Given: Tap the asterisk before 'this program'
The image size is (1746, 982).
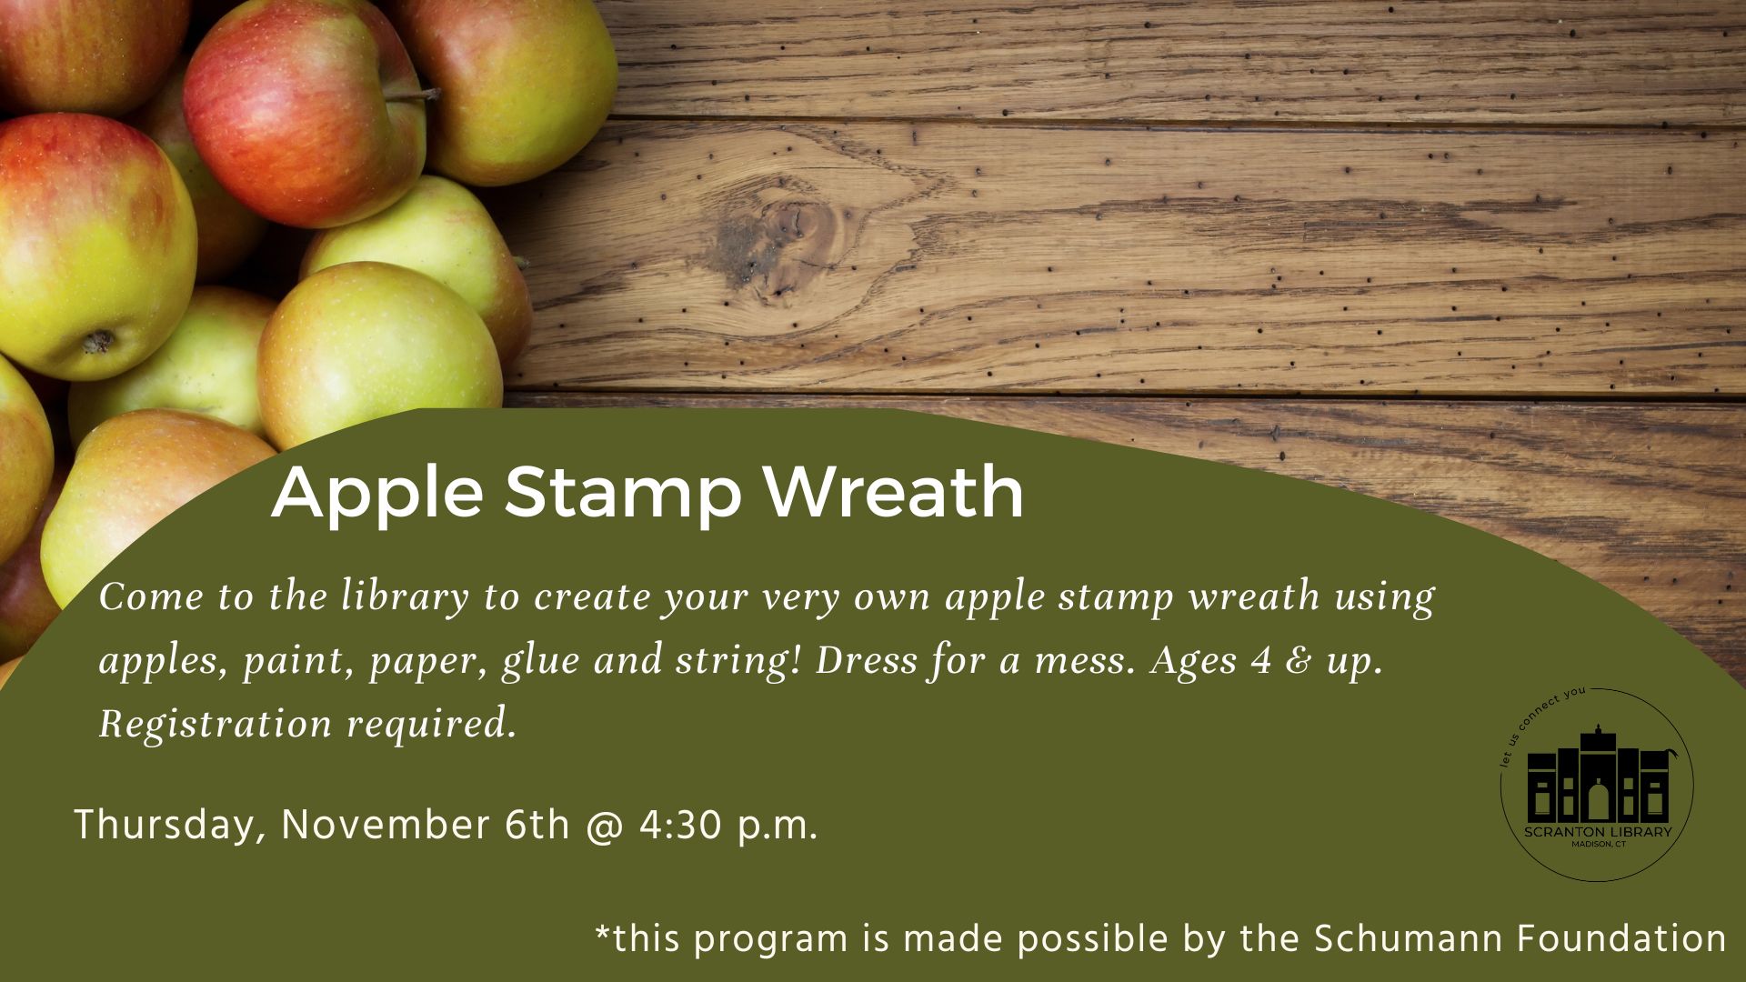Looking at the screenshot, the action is coord(603,932).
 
